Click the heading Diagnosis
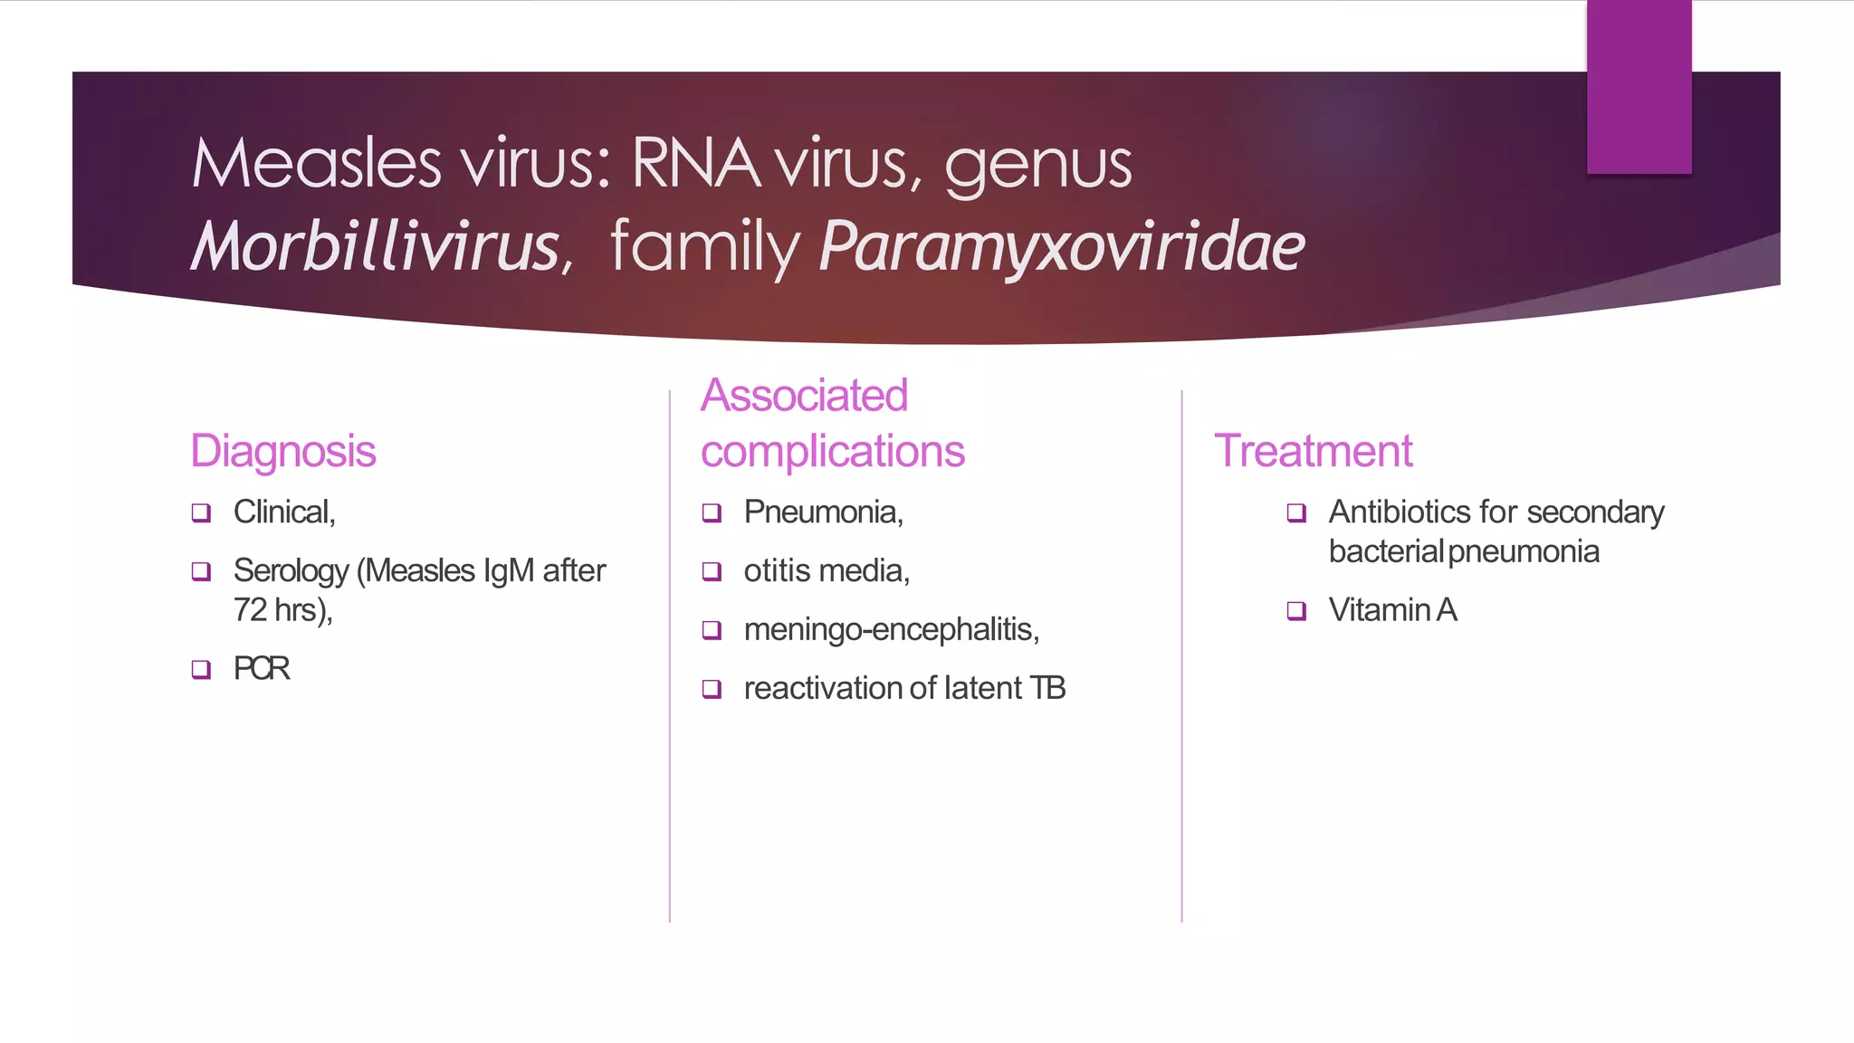pos(282,451)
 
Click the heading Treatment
pos(1313,451)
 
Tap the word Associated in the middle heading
pos(804,396)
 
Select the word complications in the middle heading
pos(832,451)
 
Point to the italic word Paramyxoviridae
pos(1061,246)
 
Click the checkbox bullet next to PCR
pos(201,669)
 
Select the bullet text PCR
pos(262,668)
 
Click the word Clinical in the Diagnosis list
pos(282,512)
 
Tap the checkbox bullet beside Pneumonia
pos(712,513)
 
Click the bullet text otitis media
pos(826,571)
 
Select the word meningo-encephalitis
pos(890,629)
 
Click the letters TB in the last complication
pos(1047,688)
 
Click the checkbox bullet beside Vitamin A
pos(1296,611)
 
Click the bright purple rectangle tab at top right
pos(1639,86)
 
